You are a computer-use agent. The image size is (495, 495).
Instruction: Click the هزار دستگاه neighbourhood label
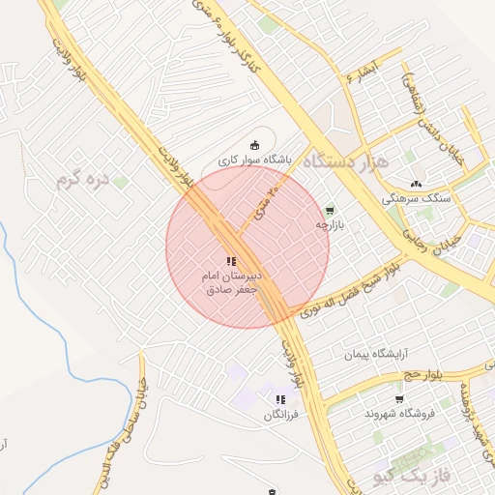pos(345,161)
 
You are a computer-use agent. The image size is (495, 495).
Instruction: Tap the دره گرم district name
pos(79,180)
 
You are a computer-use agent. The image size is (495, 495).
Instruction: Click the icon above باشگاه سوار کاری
pos(255,144)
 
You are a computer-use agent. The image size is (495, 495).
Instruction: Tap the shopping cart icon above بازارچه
pos(330,209)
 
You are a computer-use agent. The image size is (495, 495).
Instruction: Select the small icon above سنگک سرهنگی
pos(417,183)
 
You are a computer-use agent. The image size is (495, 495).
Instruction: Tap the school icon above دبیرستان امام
pos(230,260)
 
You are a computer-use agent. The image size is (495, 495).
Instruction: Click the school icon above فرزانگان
pos(280,399)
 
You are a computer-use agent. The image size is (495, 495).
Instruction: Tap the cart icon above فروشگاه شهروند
pos(399,398)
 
